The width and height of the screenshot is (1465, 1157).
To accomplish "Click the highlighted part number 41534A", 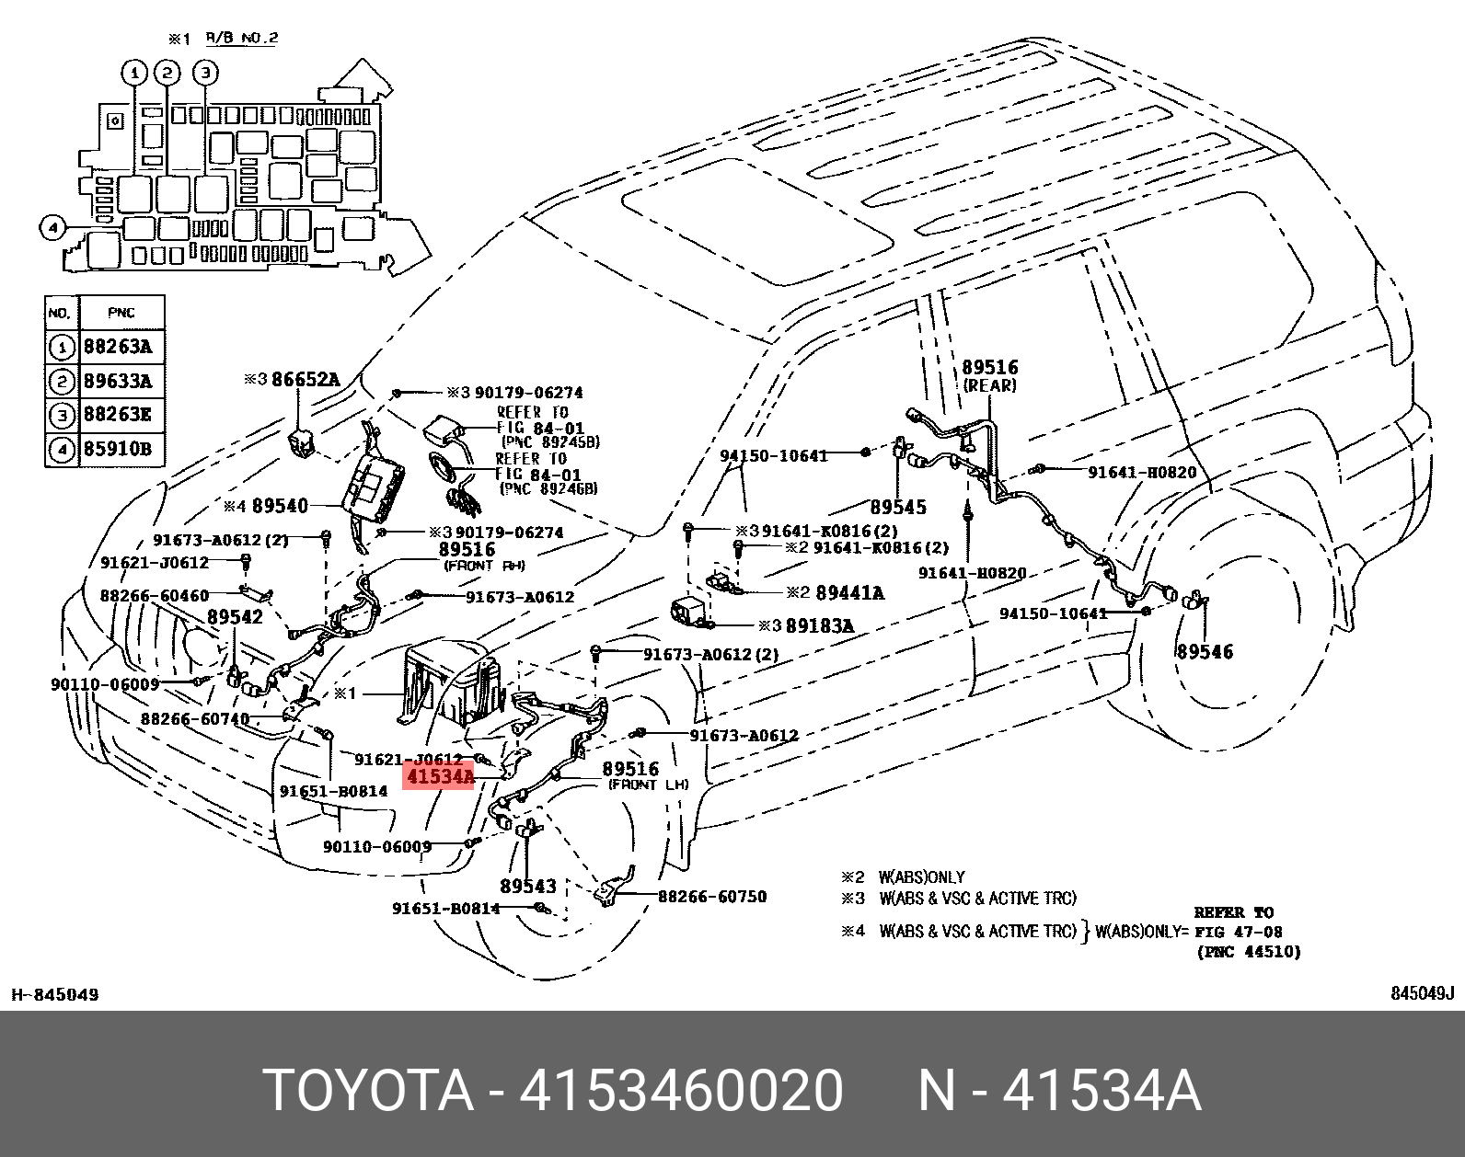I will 440,777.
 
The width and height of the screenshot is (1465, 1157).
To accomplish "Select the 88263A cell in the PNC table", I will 118,347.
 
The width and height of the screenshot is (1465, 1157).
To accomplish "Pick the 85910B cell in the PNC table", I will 118,449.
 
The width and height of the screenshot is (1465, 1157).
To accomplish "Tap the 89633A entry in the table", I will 118,381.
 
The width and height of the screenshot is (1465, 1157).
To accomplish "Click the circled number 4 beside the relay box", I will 53,227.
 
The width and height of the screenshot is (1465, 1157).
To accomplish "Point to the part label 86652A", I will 305,379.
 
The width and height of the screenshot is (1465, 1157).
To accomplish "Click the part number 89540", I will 280,506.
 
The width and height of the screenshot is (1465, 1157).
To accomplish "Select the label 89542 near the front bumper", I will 235,617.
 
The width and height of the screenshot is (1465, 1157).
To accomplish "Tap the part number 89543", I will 528,887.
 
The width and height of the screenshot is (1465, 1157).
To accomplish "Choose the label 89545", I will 898,507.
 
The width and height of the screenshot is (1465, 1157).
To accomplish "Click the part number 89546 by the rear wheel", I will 1205,652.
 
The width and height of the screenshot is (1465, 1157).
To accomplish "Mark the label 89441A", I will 849,593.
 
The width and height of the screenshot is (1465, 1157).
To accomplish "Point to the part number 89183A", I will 819,626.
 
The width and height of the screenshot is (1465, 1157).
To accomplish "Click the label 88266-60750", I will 712,897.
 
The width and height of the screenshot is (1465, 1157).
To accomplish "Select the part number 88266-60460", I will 155,596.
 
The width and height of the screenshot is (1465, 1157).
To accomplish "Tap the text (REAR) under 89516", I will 990,386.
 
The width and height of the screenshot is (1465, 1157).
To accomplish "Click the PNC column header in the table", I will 121,313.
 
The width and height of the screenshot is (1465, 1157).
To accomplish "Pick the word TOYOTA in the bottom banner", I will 368,1091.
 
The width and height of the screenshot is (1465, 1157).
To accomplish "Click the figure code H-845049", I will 55,994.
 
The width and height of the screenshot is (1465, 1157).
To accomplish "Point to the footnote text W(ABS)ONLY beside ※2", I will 921,877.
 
